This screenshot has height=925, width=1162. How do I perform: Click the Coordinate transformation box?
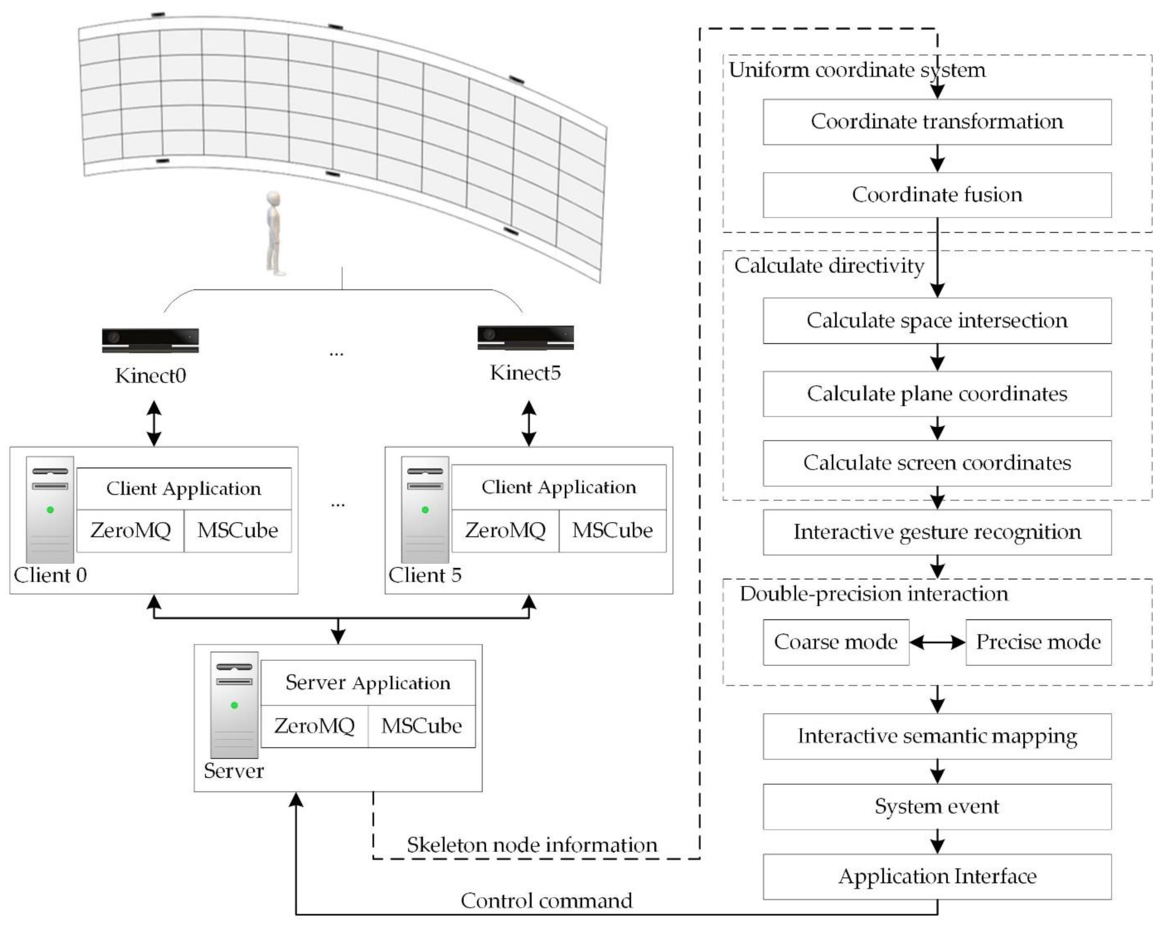[x=937, y=122]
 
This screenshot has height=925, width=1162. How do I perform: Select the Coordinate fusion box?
[x=937, y=195]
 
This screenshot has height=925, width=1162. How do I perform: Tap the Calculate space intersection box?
[x=937, y=321]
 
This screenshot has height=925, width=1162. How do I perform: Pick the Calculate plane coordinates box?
[x=937, y=394]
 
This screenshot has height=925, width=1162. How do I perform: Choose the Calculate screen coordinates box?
[x=937, y=463]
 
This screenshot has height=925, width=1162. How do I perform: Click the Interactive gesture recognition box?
[x=937, y=532]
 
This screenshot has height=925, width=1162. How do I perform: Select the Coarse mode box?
[x=836, y=642]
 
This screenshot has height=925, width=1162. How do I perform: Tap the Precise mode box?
[x=1038, y=642]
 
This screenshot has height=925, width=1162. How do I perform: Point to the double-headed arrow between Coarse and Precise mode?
[x=937, y=642]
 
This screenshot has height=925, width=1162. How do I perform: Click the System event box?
[x=937, y=806]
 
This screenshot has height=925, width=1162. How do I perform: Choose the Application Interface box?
[x=937, y=877]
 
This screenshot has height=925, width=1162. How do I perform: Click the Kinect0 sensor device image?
[x=150, y=340]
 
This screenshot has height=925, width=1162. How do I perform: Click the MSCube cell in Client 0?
[x=238, y=531]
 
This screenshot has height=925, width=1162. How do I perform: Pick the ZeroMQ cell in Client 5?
[x=505, y=531]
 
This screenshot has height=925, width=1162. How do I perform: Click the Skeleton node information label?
[x=532, y=845]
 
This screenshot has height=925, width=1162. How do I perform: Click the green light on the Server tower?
[x=234, y=705]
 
